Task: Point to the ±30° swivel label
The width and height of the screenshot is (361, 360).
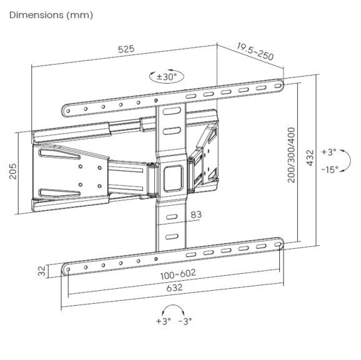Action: click(166, 77)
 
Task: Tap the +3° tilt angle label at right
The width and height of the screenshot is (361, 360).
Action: click(329, 152)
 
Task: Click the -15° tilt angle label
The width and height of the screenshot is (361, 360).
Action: click(329, 168)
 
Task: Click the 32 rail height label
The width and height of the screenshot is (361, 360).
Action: click(42, 270)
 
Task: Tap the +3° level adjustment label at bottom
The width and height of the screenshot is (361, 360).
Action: click(161, 321)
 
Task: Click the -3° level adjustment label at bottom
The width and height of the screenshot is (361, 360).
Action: click(185, 321)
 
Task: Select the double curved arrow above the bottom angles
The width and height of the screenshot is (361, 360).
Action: click(174, 309)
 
